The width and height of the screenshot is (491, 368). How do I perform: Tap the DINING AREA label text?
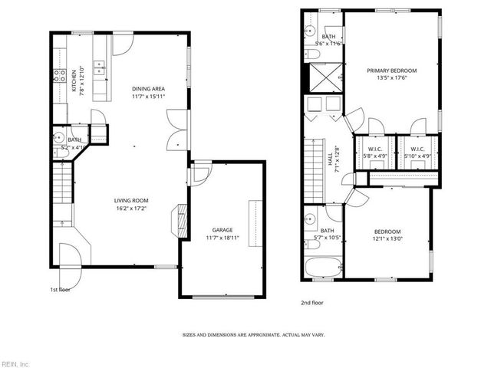[x=149, y=89]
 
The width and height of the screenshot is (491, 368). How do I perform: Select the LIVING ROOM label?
[x=130, y=201]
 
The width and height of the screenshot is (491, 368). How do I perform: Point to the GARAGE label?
[x=222, y=230]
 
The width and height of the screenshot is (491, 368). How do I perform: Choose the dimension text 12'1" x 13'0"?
[x=387, y=238]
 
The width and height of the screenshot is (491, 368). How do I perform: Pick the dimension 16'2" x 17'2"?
[x=130, y=208]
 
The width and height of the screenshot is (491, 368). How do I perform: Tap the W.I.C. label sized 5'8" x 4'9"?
[x=374, y=153]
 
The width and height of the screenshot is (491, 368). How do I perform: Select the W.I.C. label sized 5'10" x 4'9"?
[x=417, y=153]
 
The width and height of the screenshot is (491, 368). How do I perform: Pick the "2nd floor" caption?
[x=311, y=303]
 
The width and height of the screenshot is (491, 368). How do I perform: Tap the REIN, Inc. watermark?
[x=15, y=363]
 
